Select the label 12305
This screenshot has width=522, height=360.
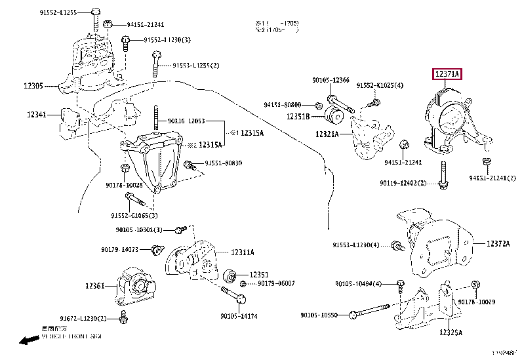pos(33,85)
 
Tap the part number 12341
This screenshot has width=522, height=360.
pos(37,115)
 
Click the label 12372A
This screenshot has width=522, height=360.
pos(498,243)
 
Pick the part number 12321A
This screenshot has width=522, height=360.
pos(326,134)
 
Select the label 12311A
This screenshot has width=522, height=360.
pos(242,252)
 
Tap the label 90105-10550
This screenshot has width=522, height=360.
pos(319,315)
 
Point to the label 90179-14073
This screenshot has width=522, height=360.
pos(120,249)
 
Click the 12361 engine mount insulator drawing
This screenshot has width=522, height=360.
pos(136,286)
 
